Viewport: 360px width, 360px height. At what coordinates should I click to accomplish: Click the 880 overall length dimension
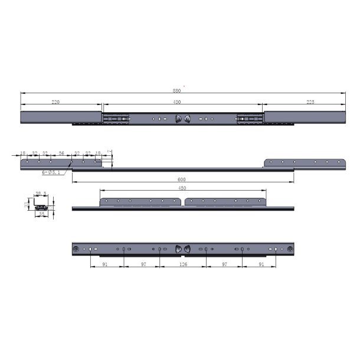pyautogui.click(x=176, y=91)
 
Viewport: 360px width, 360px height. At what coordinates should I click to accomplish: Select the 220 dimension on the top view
pyautogui.click(x=55, y=102)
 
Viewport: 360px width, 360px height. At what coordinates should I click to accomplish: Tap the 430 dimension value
pyautogui.click(x=177, y=102)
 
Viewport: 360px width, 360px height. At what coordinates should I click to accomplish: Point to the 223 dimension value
pyautogui.click(x=310, y=102)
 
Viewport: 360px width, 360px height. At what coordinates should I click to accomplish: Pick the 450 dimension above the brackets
pyautogui.click(x=182, y=188)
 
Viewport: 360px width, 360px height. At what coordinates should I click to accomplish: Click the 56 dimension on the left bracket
pyautogui.click(x=61, y=153)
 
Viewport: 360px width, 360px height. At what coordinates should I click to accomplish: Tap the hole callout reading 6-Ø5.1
pyautogui.click(x=50, y=172)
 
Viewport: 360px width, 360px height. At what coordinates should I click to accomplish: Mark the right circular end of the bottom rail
pyautogui.click(x=290, y=250)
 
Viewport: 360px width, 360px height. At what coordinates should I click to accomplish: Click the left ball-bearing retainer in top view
pyautogui.click(x=116, y=119)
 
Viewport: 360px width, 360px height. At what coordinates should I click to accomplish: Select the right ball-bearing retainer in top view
pyautogui.click(x=248, y=119)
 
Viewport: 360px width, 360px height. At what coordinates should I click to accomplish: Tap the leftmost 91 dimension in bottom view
pyautogui.click(x=105, y=266)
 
